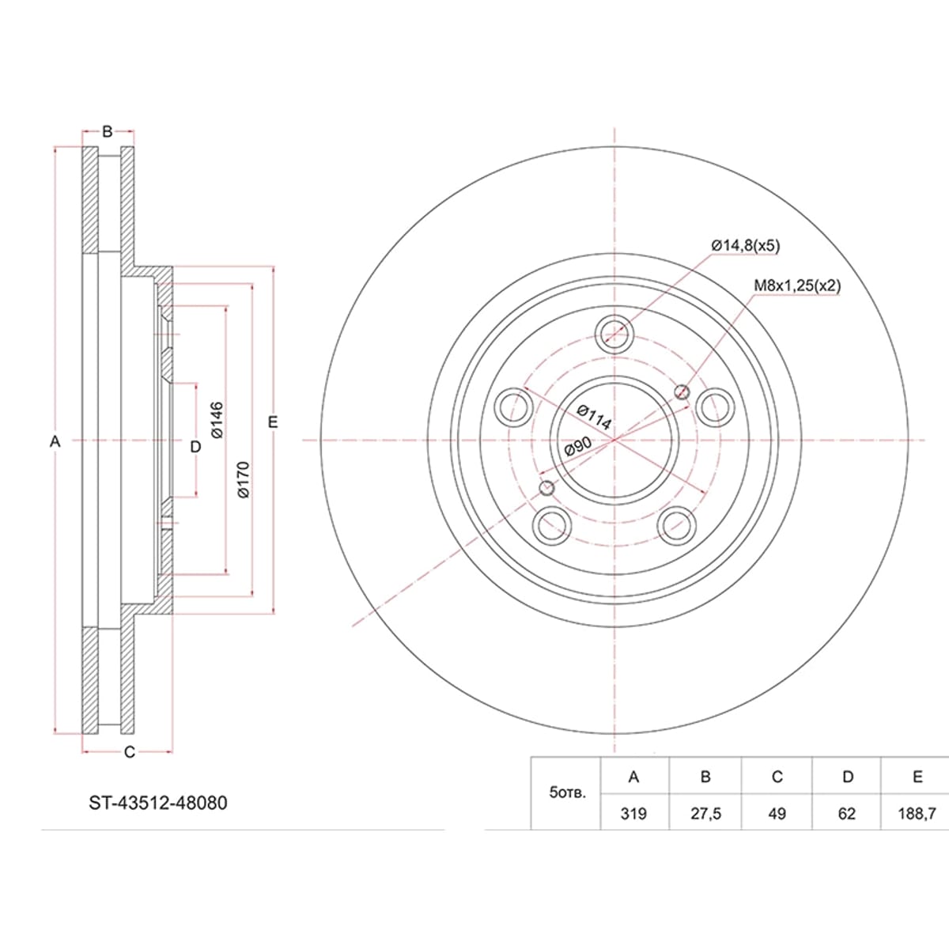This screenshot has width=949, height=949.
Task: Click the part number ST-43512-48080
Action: [x=158, y=803]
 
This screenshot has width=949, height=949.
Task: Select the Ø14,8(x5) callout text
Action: [x=746, y=245]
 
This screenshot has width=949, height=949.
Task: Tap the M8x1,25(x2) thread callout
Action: [x=797, y=285]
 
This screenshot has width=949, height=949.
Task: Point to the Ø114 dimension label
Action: [x=594, y=417]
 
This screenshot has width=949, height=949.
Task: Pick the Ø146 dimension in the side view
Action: [x=217, y=420]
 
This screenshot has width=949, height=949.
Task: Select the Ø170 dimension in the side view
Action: [x=244, y=479]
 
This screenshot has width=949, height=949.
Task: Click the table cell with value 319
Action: [x=633, y=814]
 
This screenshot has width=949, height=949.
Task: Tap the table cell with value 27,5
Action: [x=705, y=814]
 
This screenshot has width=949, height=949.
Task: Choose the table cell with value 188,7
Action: [x=917, y=814]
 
